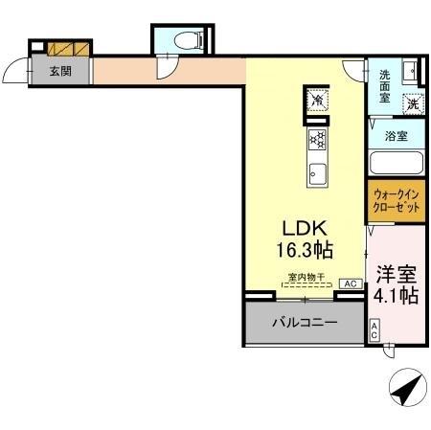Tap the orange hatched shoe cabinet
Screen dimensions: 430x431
click(x=70, y=48)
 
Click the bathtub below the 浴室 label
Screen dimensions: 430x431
click(x=396, y=162)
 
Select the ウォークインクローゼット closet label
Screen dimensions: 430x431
click(x=395, y=201)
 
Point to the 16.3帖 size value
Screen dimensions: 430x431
click(x=305, y=251)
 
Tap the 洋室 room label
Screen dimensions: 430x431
click(x=396, y=272)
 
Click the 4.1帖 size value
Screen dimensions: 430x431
click(x=396, y=296)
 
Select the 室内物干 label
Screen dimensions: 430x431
click(x=306, y=279)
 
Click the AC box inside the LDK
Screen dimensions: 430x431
click(x=350, y=283)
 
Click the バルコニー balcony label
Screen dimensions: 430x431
click(x=304, y=323)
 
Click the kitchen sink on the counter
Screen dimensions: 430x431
click(x=316, y=175)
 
